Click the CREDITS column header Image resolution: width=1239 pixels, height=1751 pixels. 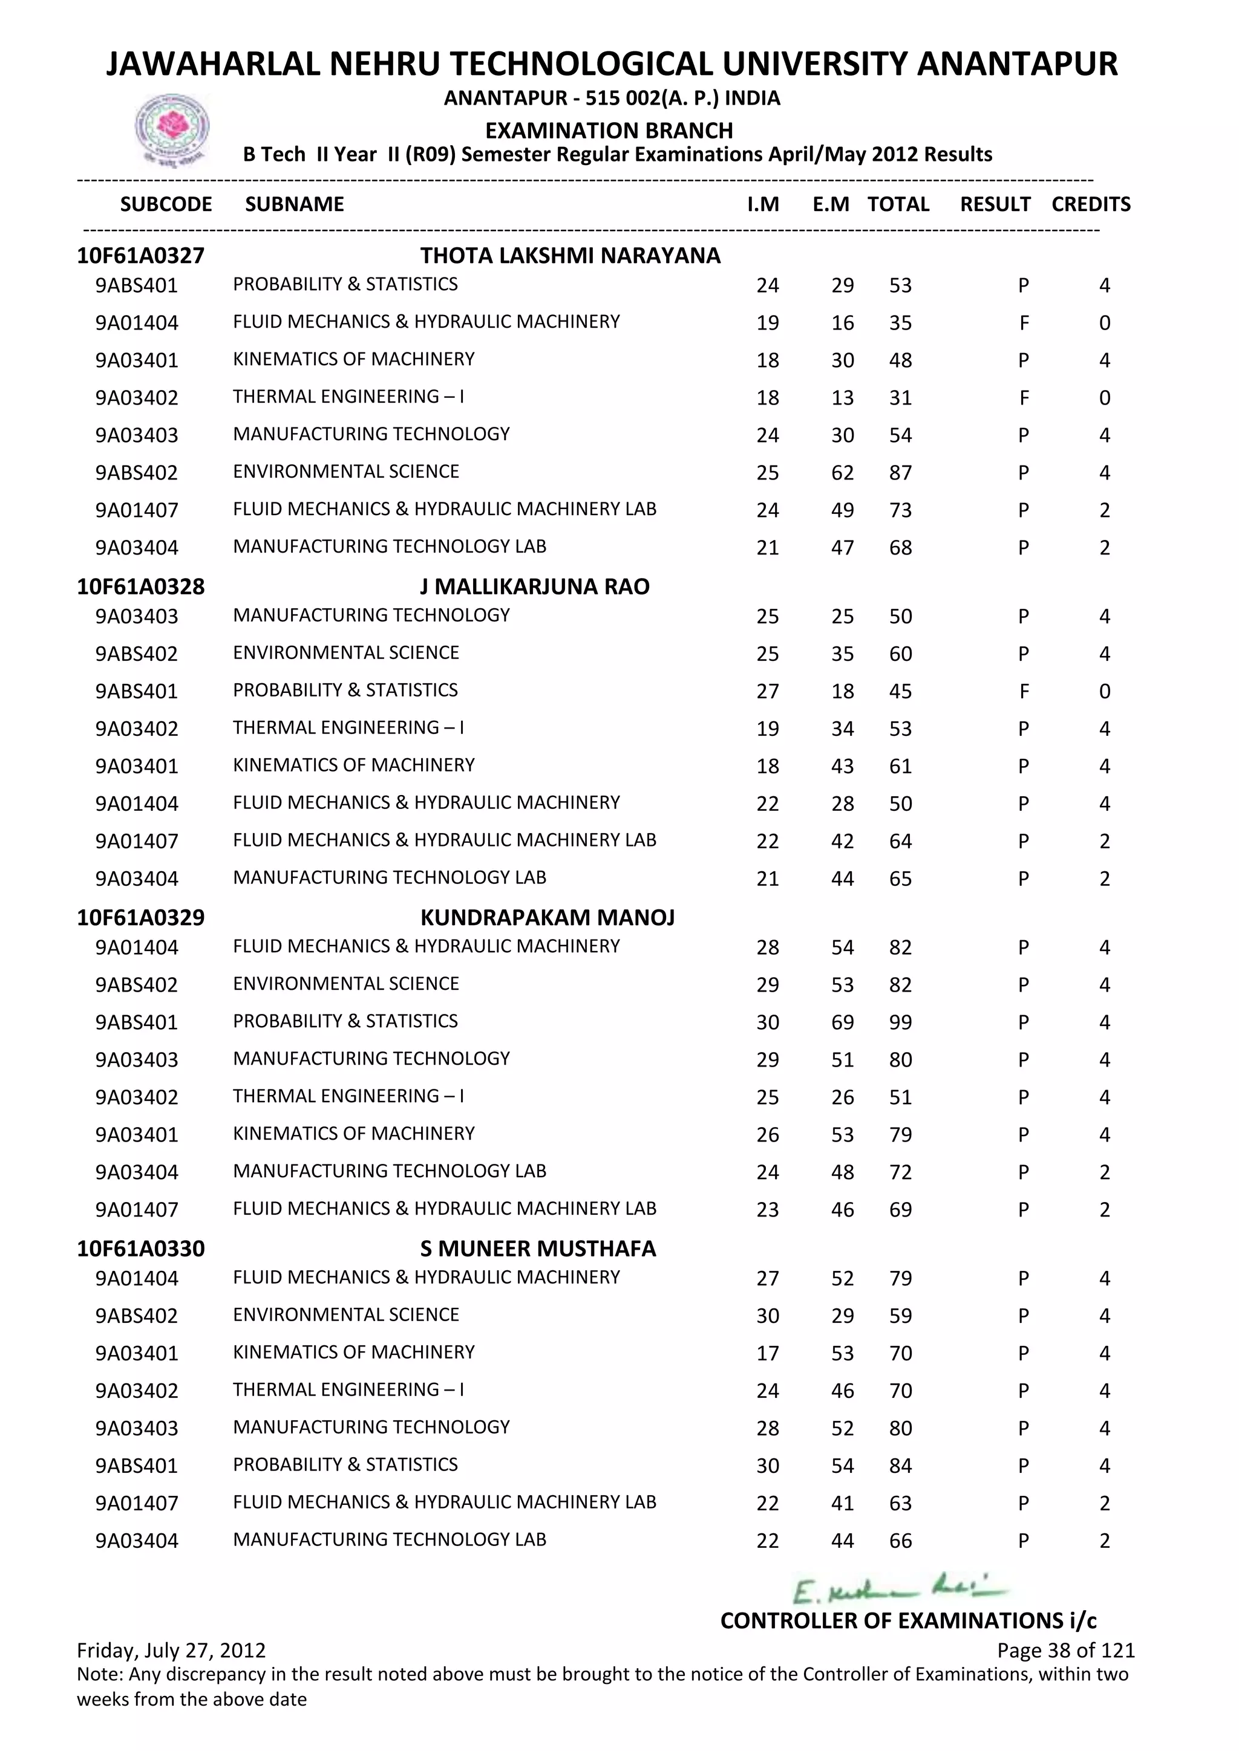tap(1090, 204)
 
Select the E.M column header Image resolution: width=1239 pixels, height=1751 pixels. tap(830, 204)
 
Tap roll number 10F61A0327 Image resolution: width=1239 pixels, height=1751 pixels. tap(140, 256)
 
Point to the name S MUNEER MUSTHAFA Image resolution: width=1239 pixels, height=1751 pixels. tap(538, 1249)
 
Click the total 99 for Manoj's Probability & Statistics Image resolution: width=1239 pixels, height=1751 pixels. tap(900, 1022)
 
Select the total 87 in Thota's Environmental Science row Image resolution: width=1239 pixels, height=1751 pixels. tap(900, 473)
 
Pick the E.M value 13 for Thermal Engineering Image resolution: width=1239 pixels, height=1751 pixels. tap(842, 398)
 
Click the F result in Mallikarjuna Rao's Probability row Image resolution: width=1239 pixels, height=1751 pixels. tap(1024, 692)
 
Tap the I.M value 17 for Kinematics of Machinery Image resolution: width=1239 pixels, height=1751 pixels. tap(768, 1354)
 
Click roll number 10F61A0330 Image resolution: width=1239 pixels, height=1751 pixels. tap(140, 1249)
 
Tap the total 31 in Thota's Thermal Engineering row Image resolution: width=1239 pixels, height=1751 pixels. tap(900, 398)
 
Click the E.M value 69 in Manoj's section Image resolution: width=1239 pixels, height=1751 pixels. tap(842, 1022)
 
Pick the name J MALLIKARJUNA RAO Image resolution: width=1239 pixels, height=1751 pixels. tap(534, 586)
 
